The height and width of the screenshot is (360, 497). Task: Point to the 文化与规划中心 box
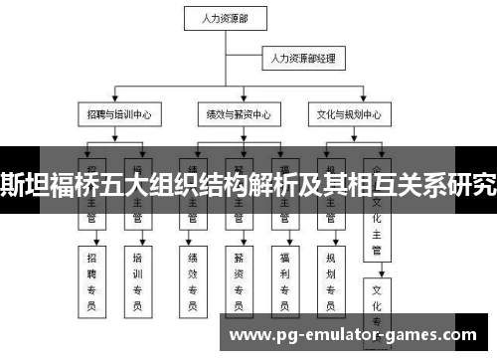click(x=347, y=115)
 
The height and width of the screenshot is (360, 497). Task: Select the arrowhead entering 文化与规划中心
click(x=347, y=102)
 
